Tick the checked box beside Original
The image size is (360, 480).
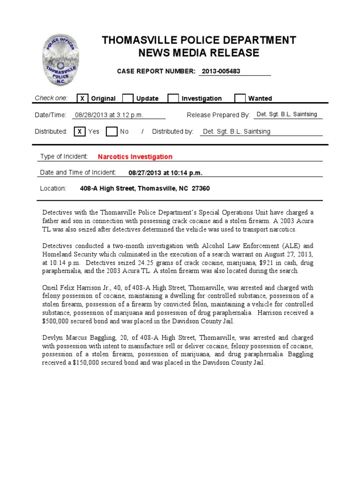tap(82, 98)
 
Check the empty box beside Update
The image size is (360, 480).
tap(128, 98)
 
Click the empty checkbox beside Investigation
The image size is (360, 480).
tap(173, 98)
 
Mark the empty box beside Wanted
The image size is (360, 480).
tap(240, 98)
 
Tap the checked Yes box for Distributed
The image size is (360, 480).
tap(80, 132)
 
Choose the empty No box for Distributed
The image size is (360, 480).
tap(112, 132)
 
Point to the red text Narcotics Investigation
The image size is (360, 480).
tap(135, 157)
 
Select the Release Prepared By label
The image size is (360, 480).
tap(218, 115)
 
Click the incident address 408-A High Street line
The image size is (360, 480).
tap(145, 188)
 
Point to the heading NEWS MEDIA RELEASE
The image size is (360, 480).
tap(199, 53)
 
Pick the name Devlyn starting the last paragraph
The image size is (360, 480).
tap(52, 337)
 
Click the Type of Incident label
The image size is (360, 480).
tap(64, 157)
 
